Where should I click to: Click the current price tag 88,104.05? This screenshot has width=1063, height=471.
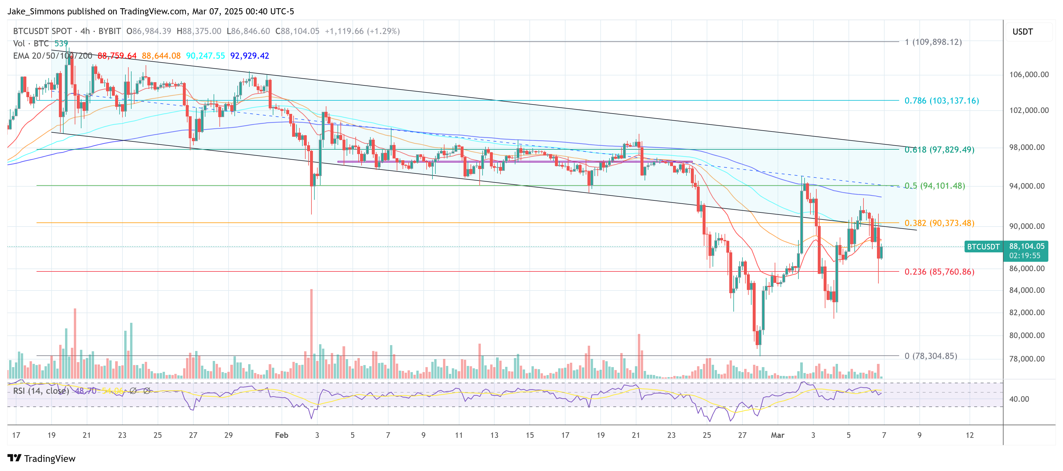click(1026, 246)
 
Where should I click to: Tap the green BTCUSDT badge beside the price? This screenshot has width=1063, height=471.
click(983, 247)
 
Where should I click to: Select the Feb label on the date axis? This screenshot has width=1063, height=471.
click(282, 435)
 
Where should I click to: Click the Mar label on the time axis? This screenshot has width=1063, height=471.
click(777, 435)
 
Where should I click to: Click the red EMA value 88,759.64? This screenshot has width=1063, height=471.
click(117, 56)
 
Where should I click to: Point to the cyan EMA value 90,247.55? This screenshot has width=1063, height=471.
click(205, 56)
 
